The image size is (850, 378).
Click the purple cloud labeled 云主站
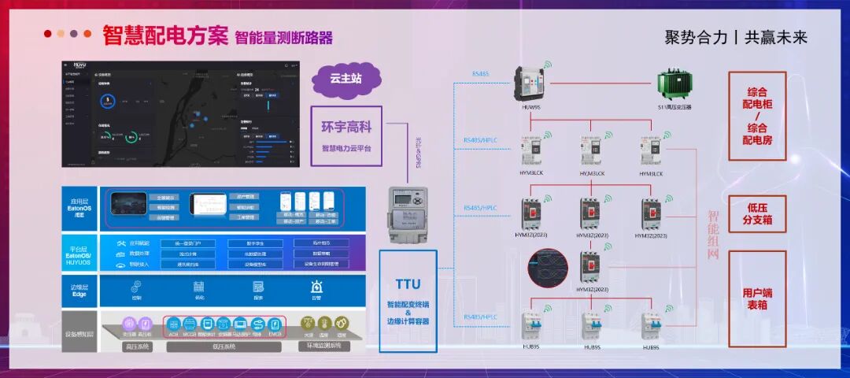pos(346,78)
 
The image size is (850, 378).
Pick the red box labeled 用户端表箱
pos(757,298)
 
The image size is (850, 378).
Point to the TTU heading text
pos(408,284)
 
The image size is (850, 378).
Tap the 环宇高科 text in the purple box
pos(346,126)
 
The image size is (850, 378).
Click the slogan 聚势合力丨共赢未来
pos(736,37)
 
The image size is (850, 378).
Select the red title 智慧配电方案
pos(165,35)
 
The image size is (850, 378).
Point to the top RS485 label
pos(480,74)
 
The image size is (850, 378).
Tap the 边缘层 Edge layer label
pos(79,290)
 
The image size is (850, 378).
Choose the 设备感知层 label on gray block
pos(79,334)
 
